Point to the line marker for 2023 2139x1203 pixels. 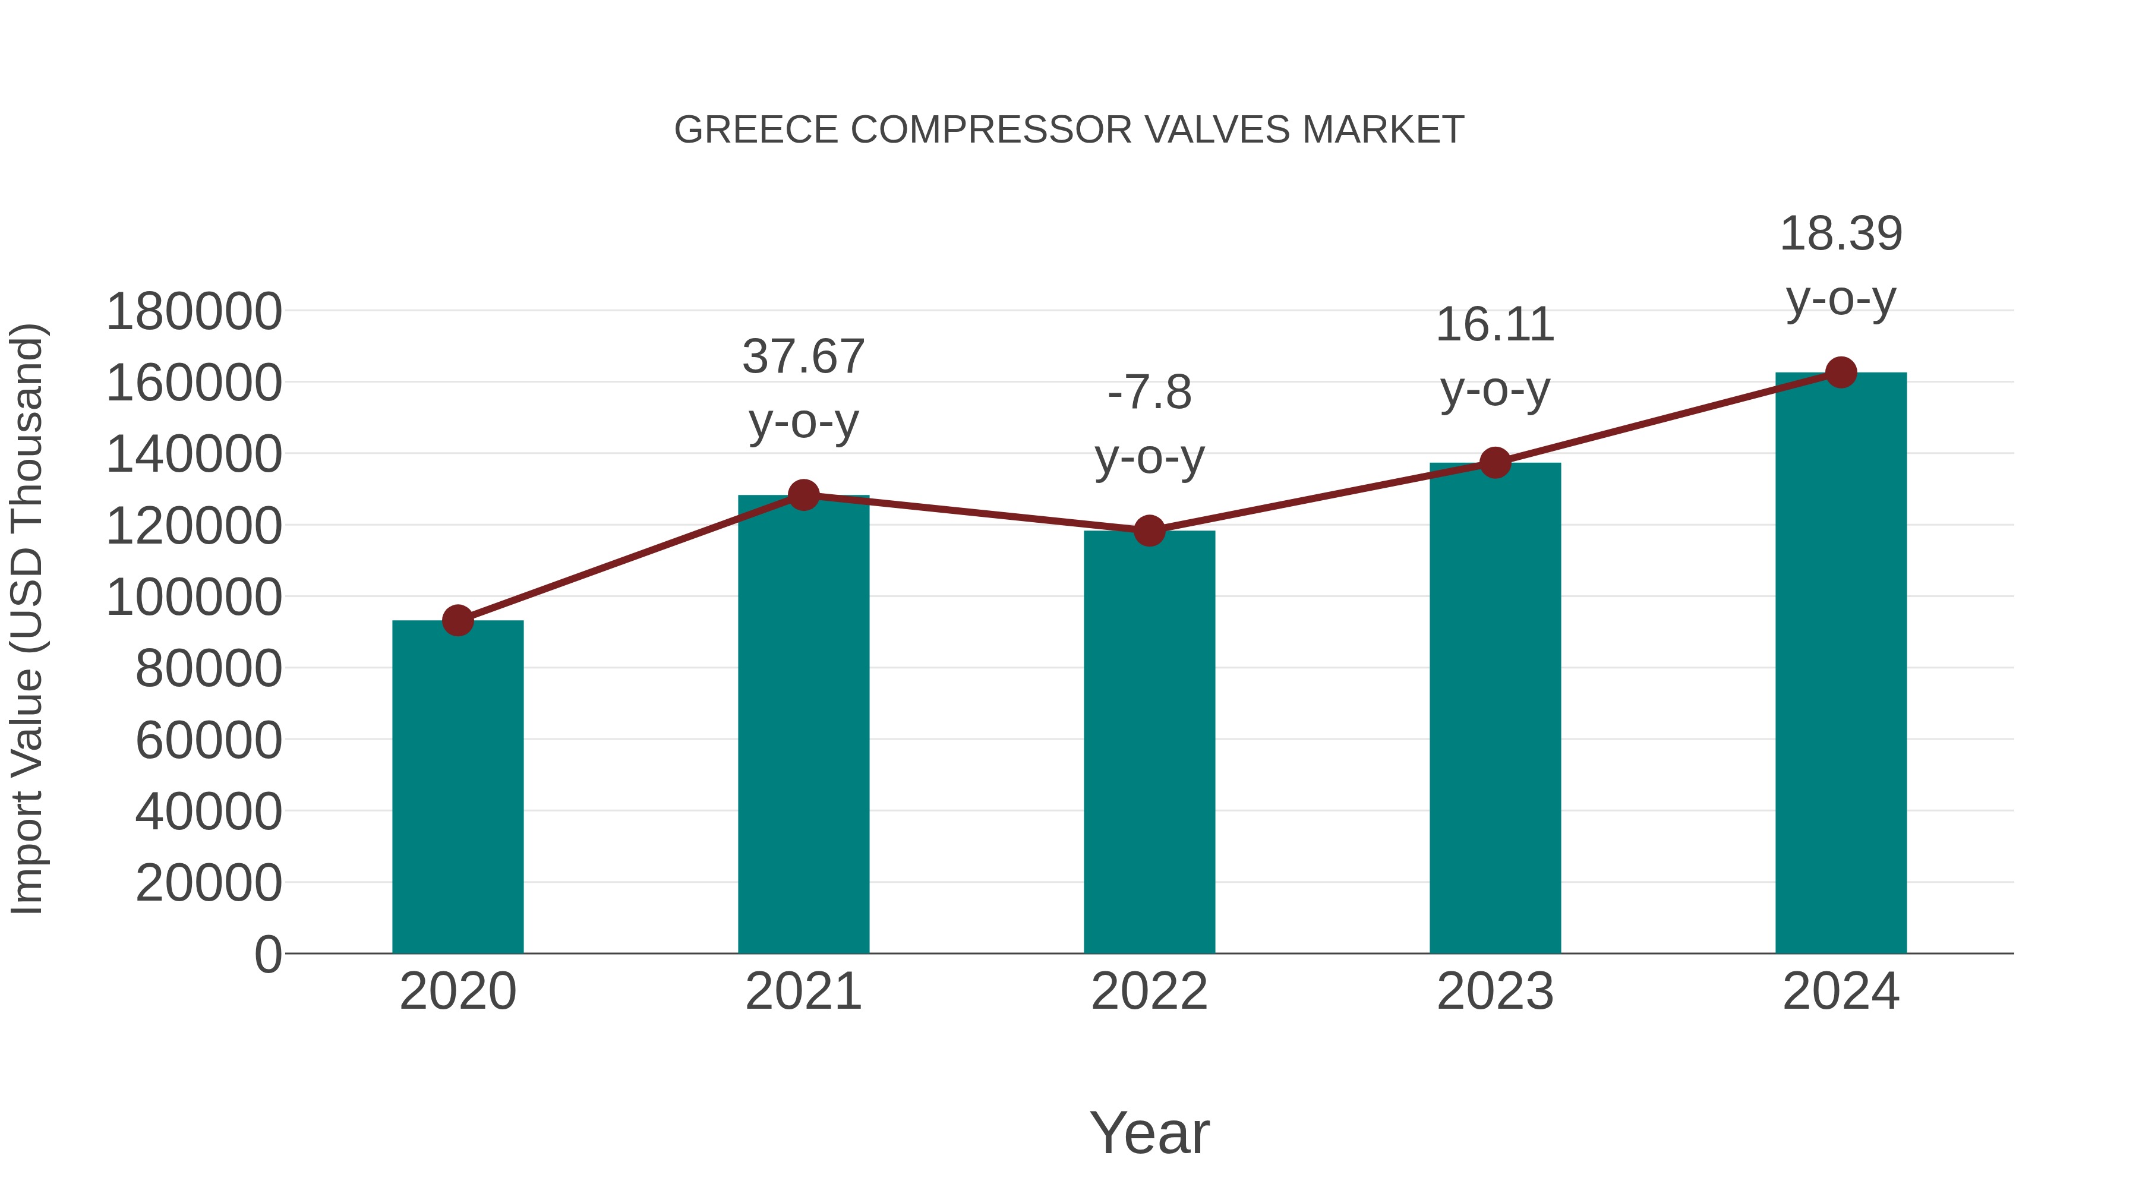1496,462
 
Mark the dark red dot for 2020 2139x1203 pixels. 458,620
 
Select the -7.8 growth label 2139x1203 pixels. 1149,393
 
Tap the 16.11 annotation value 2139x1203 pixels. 1496,324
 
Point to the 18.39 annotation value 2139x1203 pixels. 1841,234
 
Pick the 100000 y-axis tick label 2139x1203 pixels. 194,598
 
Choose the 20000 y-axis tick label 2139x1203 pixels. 209,883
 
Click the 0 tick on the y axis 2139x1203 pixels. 268,955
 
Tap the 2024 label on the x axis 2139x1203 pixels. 1841,992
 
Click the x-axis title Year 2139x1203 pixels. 1149,1133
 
